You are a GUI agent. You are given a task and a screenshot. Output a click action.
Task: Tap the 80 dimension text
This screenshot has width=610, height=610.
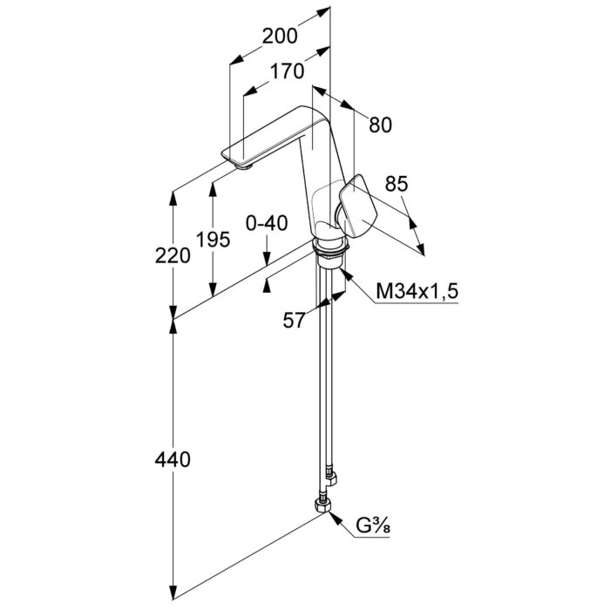click(x=380, y=125)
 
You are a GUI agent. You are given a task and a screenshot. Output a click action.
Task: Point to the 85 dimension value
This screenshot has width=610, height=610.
click(x=396, y=184)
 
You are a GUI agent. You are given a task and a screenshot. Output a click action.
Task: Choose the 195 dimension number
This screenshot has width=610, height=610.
click(x=213, y=239)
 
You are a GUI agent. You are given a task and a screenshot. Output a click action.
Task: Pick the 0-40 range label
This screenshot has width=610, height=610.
click(x=266, y=223)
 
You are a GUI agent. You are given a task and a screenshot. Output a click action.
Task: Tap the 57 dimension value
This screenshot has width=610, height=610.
click(x=295, y=320)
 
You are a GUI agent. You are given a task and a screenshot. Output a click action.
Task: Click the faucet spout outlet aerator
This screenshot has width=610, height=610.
click(x=246, y=165)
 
